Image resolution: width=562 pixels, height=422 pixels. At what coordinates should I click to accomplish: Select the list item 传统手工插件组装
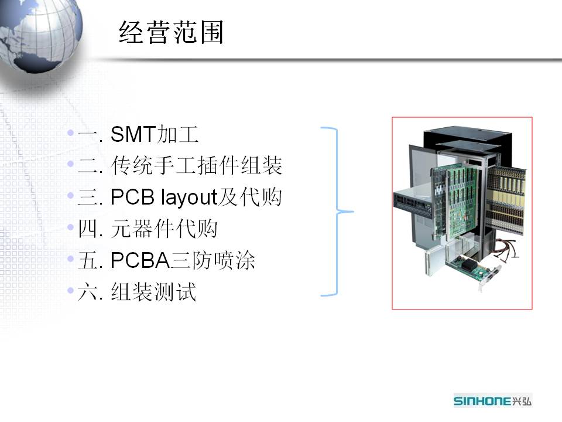point(197,167)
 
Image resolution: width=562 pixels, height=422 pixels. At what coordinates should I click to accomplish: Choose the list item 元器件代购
point(164,229)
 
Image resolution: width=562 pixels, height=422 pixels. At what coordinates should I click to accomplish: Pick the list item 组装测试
point(153,292)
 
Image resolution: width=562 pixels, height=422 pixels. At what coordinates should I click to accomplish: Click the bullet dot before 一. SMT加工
point(71,134)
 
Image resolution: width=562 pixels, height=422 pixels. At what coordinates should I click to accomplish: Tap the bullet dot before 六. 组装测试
point(71,290)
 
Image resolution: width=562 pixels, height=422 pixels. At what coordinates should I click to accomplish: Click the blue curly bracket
point(338,211)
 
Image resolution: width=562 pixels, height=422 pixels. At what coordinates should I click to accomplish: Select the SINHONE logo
point(492,400)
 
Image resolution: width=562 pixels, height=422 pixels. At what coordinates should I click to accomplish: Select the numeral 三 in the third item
point(87,198)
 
